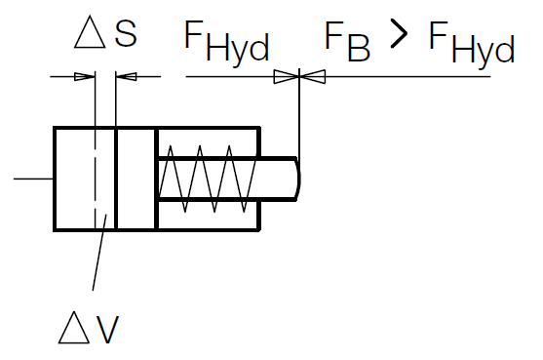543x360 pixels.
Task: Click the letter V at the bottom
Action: (x=107, y=328)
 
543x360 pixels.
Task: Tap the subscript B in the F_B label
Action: (x=359, y=50)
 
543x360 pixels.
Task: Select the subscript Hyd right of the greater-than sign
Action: (x=483, y=50)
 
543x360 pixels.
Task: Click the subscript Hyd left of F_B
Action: (x=238, y=50)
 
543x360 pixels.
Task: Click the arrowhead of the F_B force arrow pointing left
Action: (x=314, y=76)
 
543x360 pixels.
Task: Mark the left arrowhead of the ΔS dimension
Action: (x=86, y=76)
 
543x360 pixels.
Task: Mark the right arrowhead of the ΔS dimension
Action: (x=125, y=76)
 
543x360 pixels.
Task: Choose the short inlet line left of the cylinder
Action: (x=34, y=179)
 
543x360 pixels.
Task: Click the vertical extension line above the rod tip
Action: (x=301, y=117)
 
